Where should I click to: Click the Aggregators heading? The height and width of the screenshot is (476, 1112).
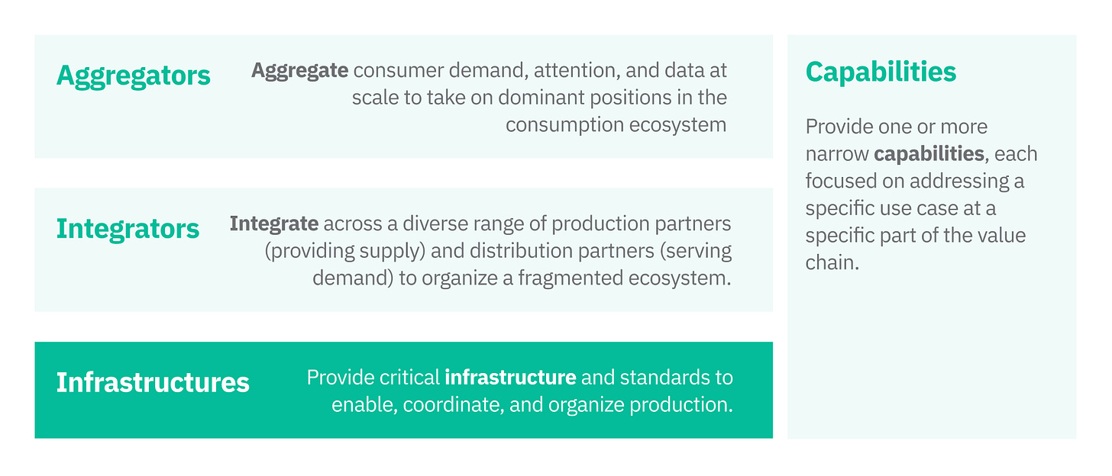pyautogui.click(x=134, y=76)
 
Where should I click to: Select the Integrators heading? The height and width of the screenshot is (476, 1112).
pyautogui.click(x=128, y=228)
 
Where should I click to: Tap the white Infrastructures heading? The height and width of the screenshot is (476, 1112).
pyautogui.click(x=153, y=381)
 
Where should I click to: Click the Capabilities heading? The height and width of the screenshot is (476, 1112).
pyautogui.click(x=881, y=72)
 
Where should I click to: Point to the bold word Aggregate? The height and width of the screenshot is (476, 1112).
pyautogui.click(x=300, y=71)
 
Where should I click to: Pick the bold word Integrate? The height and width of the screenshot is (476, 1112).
pyautogui.click(x=274, y=224)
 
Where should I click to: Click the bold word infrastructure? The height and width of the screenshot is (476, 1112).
pyautogui.click(x=510, y=377)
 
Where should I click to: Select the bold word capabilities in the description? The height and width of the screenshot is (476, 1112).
pyautogui.click(x=929, y=154)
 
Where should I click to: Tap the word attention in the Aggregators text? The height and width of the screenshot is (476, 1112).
pyautogui.click(x=574, y=71)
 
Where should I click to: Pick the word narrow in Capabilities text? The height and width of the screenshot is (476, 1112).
pyautogui.click(x=836, y=154)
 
